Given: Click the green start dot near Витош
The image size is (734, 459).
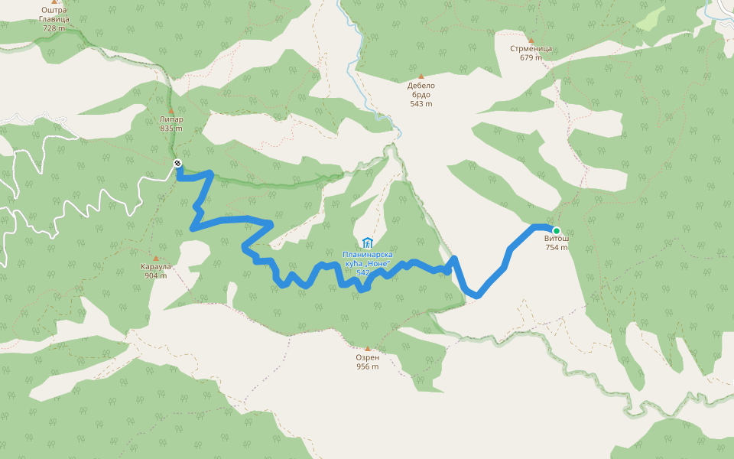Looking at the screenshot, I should tap(557, 231).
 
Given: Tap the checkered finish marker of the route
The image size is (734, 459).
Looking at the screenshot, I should tap(177, 163).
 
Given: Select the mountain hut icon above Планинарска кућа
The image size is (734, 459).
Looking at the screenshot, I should tap(367, 243).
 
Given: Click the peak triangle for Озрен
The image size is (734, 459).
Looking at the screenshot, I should tap(367, 348).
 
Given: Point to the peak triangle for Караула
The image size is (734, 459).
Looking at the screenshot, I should tap(156, 259).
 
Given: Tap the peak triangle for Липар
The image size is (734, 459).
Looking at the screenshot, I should tap(171, 111).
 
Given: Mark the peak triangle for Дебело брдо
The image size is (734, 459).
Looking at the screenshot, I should tap(421, 76).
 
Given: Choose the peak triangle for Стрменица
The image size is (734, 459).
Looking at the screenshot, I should tap(531, 40).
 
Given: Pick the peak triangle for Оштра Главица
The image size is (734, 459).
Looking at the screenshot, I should tap(54, 2).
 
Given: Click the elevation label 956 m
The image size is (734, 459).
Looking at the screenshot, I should tap(367, 366).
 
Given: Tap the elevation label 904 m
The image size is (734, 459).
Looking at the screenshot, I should tap(155, 275).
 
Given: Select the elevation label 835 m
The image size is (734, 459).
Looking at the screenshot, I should tap(171, 129).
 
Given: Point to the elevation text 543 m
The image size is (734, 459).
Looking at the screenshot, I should tap(421, 104).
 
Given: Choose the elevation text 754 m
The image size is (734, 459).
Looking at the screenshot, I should tap(557, 247).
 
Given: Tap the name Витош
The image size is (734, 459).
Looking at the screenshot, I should tap(557, 239).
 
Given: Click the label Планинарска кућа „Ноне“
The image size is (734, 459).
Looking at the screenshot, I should tap(367, 259).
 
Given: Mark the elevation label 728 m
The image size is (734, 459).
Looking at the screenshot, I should tap(54, 28).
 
